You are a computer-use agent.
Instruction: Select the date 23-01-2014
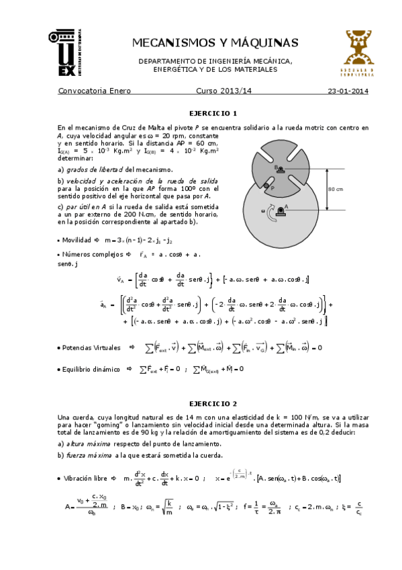tap(348, 91)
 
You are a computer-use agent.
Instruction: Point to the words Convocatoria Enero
tap(95, 91)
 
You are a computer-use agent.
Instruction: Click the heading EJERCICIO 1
tap(213, 113)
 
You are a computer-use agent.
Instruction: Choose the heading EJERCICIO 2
tap(213, 404)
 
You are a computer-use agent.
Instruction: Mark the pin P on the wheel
tap(266, 186)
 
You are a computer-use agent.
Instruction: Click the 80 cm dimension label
tap(336, 189)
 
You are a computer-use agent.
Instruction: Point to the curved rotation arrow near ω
tap(270, 214)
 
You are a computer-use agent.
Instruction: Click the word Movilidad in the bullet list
tap(78, 240)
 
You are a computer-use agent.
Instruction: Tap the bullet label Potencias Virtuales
tap(91, 348)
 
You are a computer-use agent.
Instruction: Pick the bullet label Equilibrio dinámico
tap(91, 369)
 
